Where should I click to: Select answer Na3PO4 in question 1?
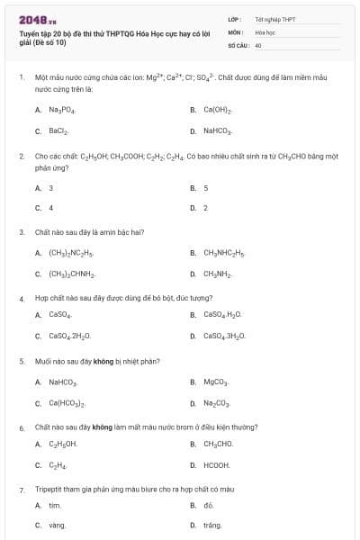click(62, 109)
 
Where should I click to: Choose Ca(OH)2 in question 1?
click(218, 109)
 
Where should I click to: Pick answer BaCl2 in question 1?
click(59, 131)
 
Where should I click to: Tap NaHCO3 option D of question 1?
click(219, 131)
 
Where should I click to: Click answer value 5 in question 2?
click(206, 188)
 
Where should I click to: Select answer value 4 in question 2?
click(51, 208)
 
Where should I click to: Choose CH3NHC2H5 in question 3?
click(224, 253)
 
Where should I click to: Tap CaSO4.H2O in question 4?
click(223, 315)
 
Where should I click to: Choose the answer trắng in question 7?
click(212, 525)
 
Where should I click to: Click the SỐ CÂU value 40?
click(258, 44)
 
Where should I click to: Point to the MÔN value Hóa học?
click(265, 31)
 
